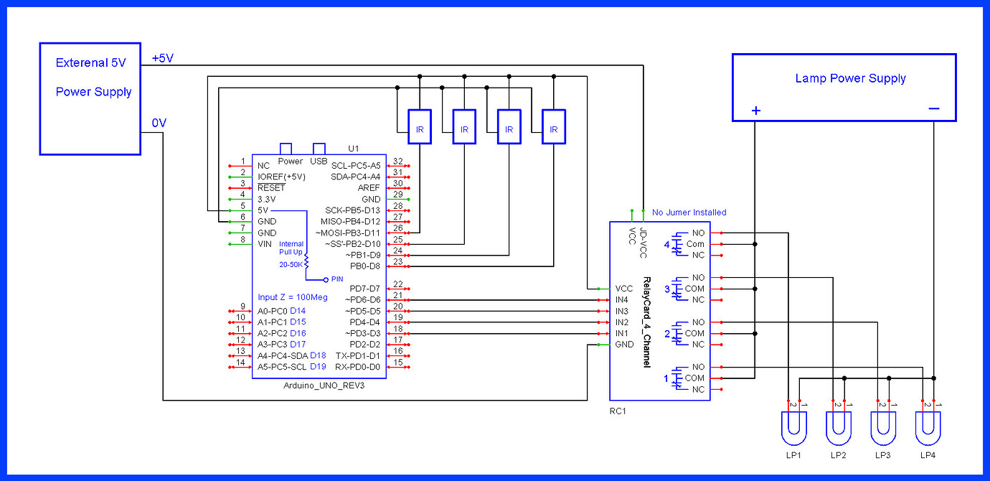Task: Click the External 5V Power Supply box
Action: coord(90,98)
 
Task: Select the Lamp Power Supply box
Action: coord(843,87)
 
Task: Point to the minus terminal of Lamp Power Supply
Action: coord(933,109)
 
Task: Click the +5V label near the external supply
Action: coord(163,58)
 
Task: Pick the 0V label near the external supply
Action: coord(159,123)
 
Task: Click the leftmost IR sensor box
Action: coord(420,129)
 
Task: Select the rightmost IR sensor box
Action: coord(553,129)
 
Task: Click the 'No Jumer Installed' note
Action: coord(689,213)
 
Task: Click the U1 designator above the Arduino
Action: coord(353,149)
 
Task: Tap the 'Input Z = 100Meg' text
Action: coord(292,297)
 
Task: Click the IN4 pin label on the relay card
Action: coord(621,299)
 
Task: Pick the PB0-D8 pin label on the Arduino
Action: coord(365,266)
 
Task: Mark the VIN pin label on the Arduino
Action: coord(265,244)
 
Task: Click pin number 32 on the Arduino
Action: coord(398,162)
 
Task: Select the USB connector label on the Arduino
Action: coord(319,161)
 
